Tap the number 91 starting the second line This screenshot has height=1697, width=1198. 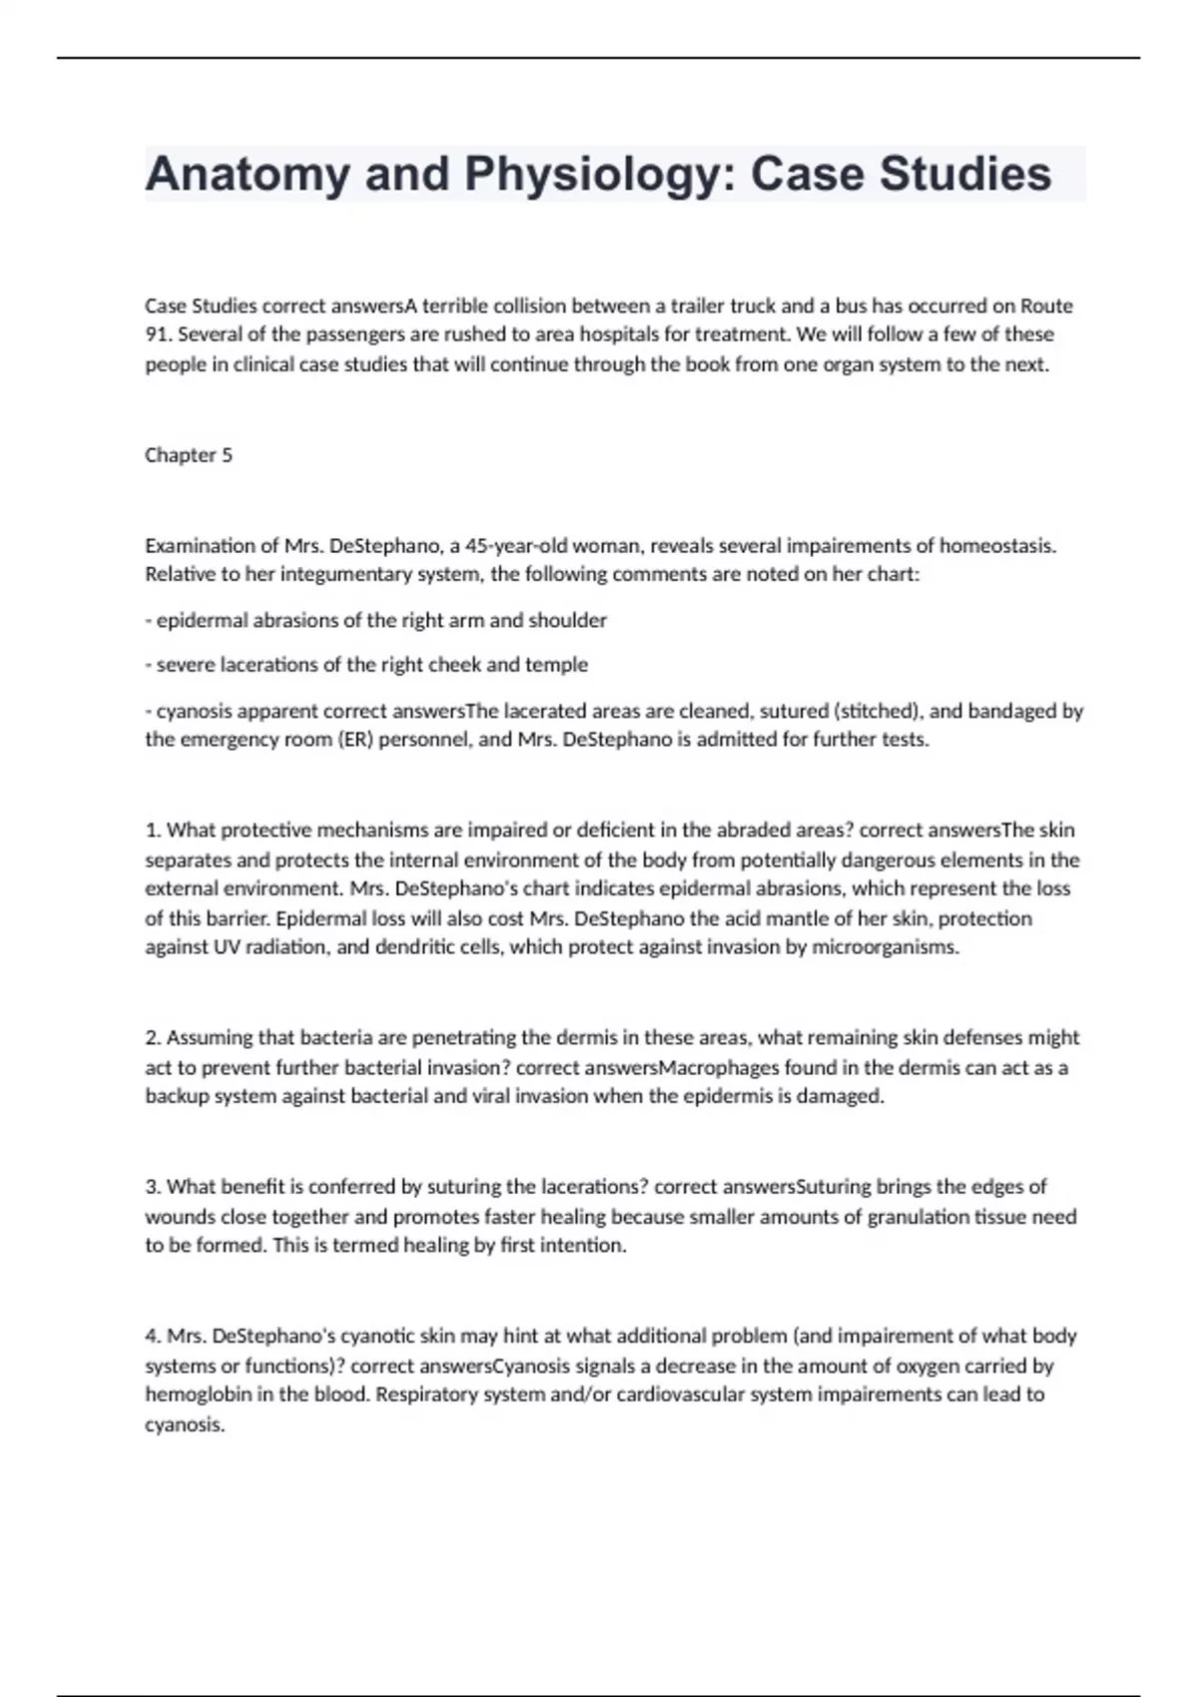click(158, 334)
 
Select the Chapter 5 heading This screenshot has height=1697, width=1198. click(189, 455)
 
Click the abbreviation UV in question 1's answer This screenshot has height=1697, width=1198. click(227, 947)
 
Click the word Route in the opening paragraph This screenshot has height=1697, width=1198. click(1045, 305)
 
